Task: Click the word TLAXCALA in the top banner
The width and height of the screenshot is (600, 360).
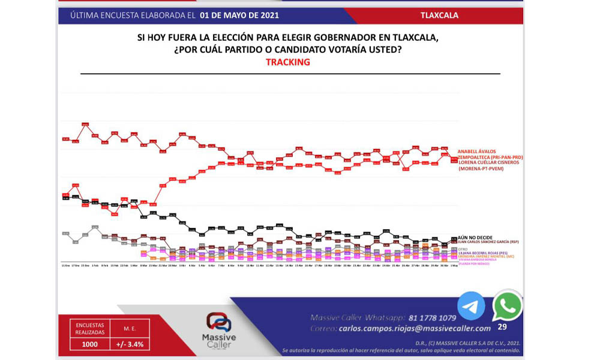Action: (440, 16)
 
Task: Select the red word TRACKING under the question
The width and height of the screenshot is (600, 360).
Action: (288, 62)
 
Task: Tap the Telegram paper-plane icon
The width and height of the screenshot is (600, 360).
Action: (471, 306)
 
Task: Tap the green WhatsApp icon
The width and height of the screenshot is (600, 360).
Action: (507, 306)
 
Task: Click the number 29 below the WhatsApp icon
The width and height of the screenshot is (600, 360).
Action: (502, 327)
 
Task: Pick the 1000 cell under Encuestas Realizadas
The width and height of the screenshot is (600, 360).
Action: (90, 344)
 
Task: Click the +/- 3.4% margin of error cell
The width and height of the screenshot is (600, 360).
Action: (130, 344)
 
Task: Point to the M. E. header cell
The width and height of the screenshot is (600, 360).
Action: (130, 328)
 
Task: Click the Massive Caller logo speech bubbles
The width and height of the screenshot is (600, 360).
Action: (218, 322)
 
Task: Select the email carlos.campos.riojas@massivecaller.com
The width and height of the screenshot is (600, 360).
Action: (415, 328)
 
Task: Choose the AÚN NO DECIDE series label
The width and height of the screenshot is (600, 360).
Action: (475, 238)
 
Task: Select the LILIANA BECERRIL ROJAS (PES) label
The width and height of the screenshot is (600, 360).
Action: (479, 253)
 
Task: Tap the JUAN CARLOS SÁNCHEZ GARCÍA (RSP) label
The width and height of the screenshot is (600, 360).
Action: (487, 242)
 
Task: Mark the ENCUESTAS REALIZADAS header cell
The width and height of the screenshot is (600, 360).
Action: (90, 328)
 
